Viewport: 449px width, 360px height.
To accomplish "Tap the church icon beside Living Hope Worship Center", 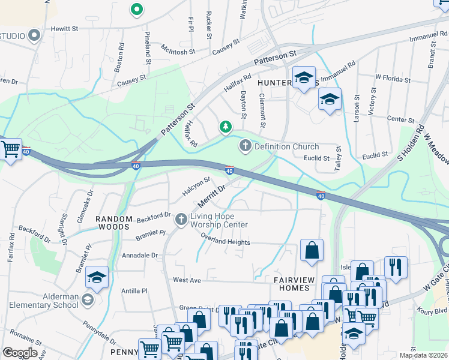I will click(181, 220).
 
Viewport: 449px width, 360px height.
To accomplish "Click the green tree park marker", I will click(225, 127).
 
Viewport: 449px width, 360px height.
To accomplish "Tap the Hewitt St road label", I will click(65, 28).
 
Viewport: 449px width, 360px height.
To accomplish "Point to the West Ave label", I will click(186, 280).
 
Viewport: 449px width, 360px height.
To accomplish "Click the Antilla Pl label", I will click(134, 291).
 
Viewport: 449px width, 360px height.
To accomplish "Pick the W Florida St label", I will click(391, 77).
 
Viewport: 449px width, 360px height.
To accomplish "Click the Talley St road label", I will click(338, 157).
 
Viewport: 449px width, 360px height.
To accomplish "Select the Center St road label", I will click(397, 119).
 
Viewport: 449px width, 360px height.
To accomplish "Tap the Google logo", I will click(20, 352).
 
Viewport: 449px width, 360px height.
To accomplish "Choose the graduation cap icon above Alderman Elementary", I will click(97, 277).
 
